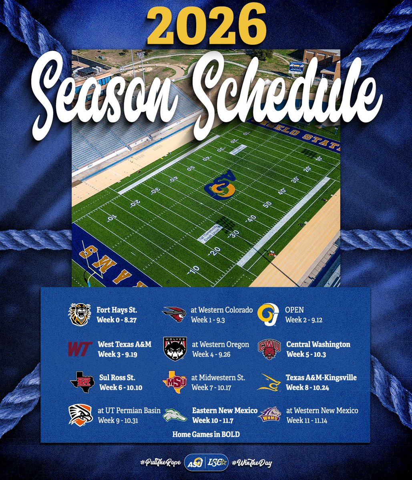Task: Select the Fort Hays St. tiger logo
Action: tap(80, 314)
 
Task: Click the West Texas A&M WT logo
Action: tap(80, 349)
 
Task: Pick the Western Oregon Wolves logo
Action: tap(175, 348)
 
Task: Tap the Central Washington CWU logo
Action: tap(269, 349)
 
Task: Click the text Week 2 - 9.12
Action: tap(304, 320)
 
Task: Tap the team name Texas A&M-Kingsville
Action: tap(321, 377)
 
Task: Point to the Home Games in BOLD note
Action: tap(206, 434)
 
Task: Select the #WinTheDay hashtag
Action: tap(251, 463)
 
